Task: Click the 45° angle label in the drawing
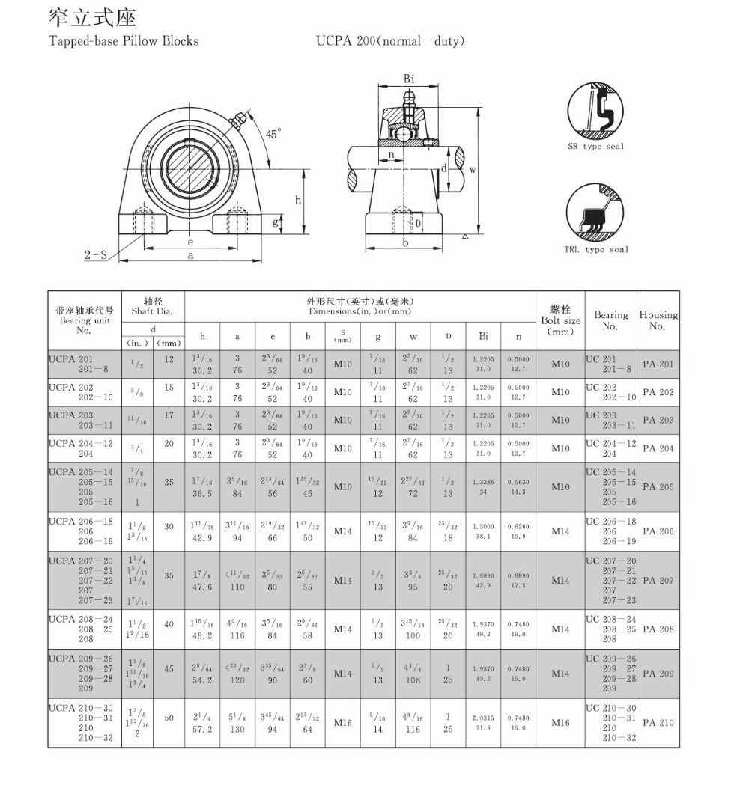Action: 274,134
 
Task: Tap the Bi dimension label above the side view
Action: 410,79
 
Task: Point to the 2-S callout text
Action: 95,254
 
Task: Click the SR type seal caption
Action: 595,147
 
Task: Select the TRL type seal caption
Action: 596,250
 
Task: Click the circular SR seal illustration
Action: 595,111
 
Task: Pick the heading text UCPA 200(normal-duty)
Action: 389,40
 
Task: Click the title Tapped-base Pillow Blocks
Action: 124,40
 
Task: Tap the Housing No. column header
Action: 658,320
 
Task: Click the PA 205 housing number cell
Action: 658,486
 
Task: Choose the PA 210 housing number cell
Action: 658,723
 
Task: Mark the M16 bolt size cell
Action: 560,723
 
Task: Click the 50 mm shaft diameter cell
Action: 169,718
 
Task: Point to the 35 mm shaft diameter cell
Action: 169,575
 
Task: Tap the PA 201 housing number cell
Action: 658,364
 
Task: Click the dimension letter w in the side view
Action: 473,170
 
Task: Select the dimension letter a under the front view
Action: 191,255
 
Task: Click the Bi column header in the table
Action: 482,337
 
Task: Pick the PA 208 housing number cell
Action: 658,629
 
